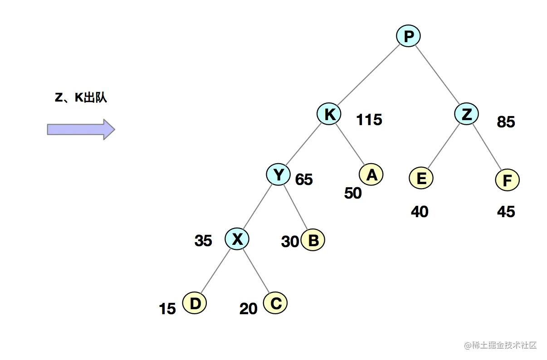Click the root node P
pyautogui.click(x=408, y=36)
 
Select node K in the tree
pyautogui.click(x=329, y=114)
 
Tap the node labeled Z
pyautogui.click(x=466, y=114)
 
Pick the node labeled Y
pyautogui.click(x=278, y=174)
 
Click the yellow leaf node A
pyautogui.click(x=371, y=174)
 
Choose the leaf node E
pyautogui.click(x=421, y=178)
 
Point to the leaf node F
pyautogui.click(x=507, y=180)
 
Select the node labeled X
pyautogui.click(x=237, y=239)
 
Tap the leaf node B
pyautogui.click(x=313, y=240)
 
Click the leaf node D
pyautogui.click(x=195, y=303)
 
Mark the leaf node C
pyautogui.click(x=275, y=303)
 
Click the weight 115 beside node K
pyautogui.click(x=369, y=120)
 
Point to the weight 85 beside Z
pyautogui.click(x=506, y=122)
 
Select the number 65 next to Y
pyautogui.click(x=304, y=180)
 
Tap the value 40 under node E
pyautogui.click(x=420, y=212)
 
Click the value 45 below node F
pyautogui.click(x=506, y=212)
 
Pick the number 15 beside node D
pyautogui.click(x=167, y=309)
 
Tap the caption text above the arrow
pyautogui.click(x=81, y=98)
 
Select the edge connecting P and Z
pyautogui.click(x=437, y=75)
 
